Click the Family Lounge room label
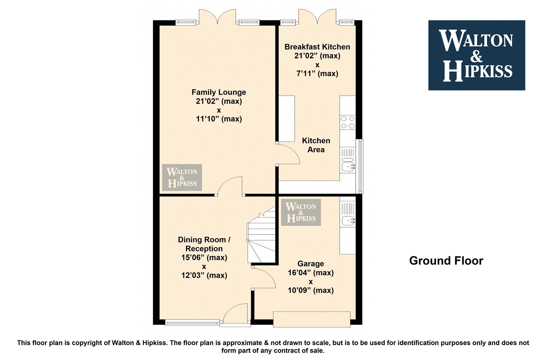(x=219, y=92)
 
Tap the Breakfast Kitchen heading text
(x=317, y=47)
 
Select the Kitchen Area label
(x=316, y=145)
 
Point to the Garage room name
(x=311, y=264)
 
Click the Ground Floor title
(x=446, y=261)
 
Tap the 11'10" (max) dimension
(x=219, y=119)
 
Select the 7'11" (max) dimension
(x=317, y=73)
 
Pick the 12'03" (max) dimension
(x=204, y=275)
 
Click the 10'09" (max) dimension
(x=311, y=290)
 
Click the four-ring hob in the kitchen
(x=348, y=122)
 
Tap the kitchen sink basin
(x=348, y=166)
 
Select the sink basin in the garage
(x=348, y=221)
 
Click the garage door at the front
(x=312, y=319)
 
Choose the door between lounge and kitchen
(x=288, y=154)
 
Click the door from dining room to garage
(x=264, y=278)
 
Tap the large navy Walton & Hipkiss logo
(x=477, y=55)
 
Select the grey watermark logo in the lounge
(x=182, y=177)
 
